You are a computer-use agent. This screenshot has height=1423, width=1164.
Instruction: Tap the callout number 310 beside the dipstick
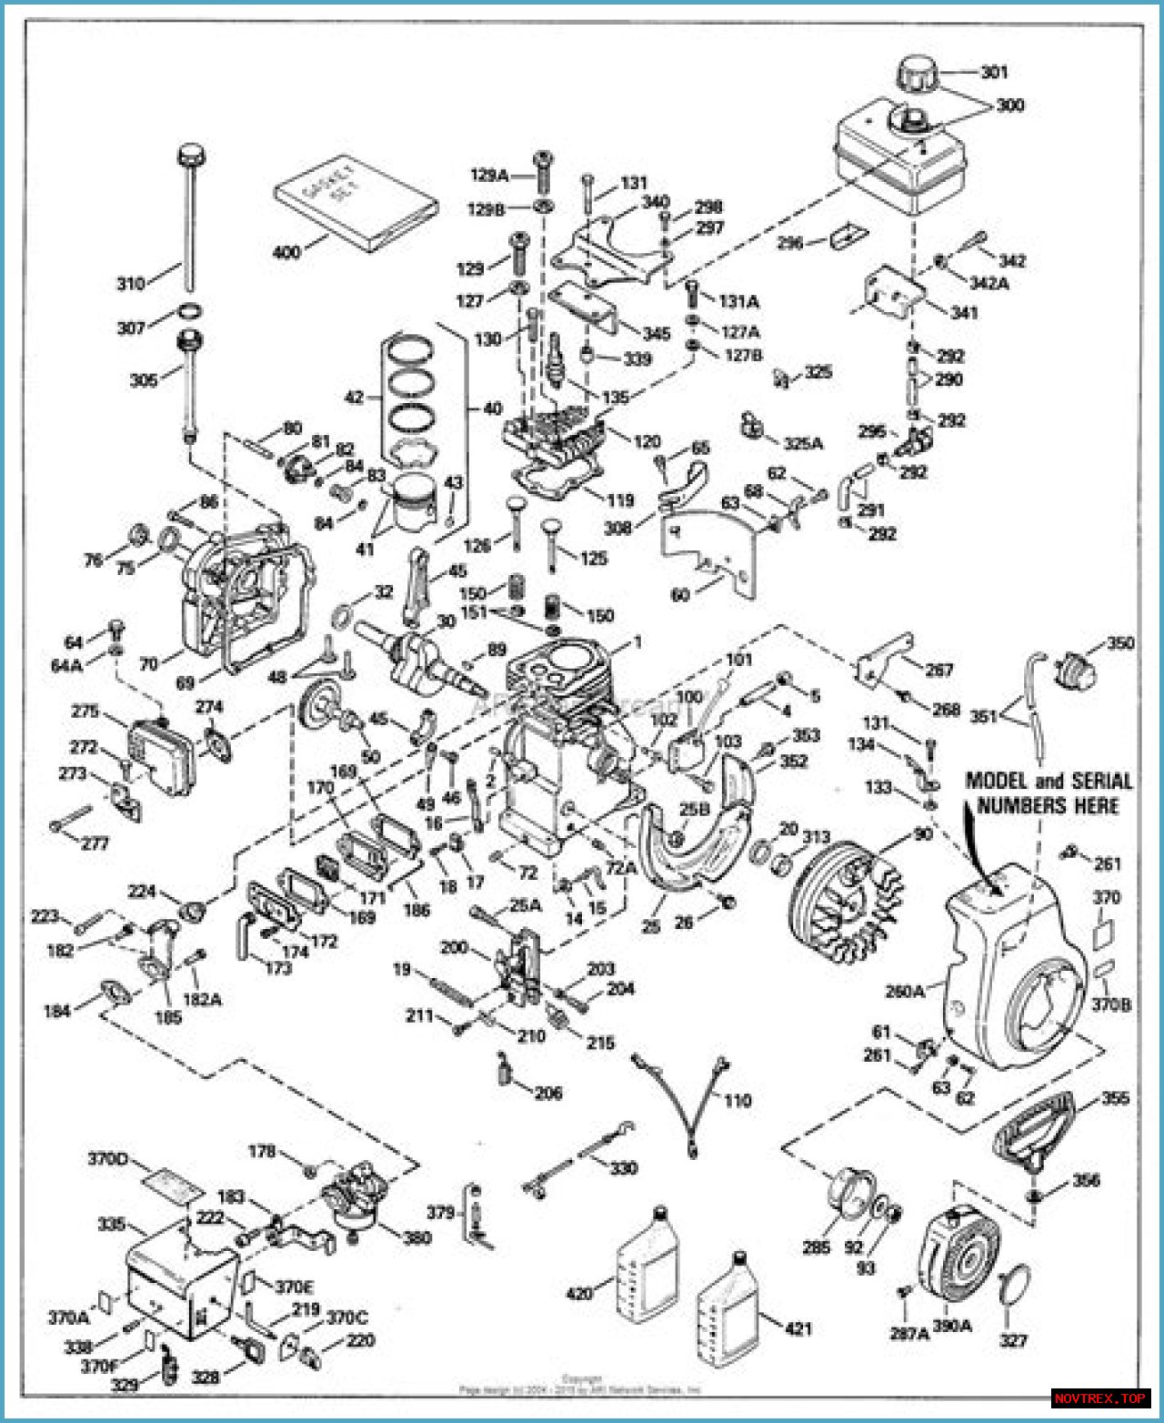[130, 284]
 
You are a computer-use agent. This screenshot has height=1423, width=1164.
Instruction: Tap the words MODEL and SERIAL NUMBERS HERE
[1048, 792]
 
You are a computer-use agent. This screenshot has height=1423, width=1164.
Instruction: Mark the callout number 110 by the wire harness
[738, 1101]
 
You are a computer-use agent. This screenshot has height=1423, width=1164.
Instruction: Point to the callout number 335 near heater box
[111, 1225]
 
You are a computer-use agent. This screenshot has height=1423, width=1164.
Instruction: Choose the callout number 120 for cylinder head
[647, 441]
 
